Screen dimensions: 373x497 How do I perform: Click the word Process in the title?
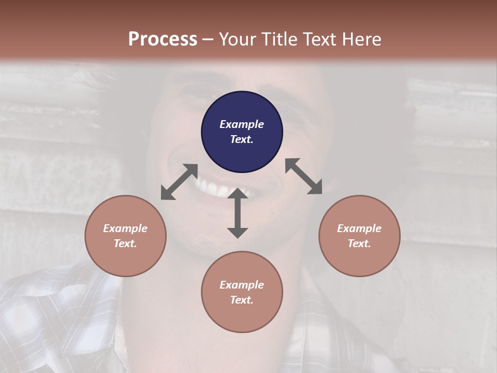point(163,39)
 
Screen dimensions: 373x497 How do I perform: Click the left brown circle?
point(125,236)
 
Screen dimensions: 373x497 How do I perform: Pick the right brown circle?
point(359,236)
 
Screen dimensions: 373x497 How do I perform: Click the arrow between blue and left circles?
point(179,182)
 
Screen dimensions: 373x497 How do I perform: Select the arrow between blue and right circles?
point(303,176)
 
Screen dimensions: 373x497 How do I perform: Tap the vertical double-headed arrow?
point(238,213)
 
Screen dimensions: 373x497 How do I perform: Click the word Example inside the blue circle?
point(242,124)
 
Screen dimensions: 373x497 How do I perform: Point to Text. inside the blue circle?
point(242,139)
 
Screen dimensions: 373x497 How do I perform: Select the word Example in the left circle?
point(125,228)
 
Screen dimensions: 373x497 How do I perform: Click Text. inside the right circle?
point(359,243)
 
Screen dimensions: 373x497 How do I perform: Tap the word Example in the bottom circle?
point(242,285)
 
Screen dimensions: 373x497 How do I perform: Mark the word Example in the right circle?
point(359,228)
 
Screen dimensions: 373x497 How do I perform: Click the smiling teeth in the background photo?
point(215,188)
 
